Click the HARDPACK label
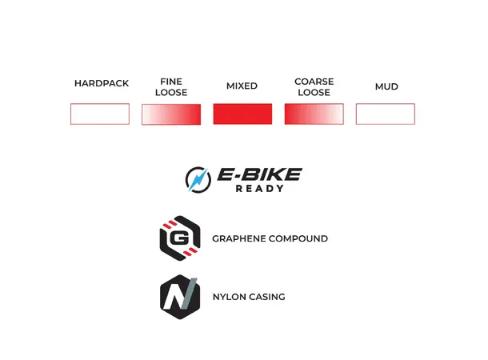(x=102, y=83)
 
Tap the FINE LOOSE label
(x=171, y=87)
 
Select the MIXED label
(x=242, y=86)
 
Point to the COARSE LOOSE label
(x=314, y=87)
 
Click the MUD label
(x=386, y=86)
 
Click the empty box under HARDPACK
(x=100, y=114)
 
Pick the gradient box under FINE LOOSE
(x=171, y=114)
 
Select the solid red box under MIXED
(x=242, y=114)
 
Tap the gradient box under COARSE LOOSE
(x=314, y=114)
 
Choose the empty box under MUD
(x=386, y=114)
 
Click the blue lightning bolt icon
(x=198, y=180)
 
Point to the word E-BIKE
(x=259, y=174)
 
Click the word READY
(x=260, y=189)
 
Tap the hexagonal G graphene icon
(x=180, y=238)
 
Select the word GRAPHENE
(x=238, y=238)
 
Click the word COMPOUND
(x=298, y=238)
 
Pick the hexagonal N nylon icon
(x=180, y=297)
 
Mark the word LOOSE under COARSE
(x=314, y=93)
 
